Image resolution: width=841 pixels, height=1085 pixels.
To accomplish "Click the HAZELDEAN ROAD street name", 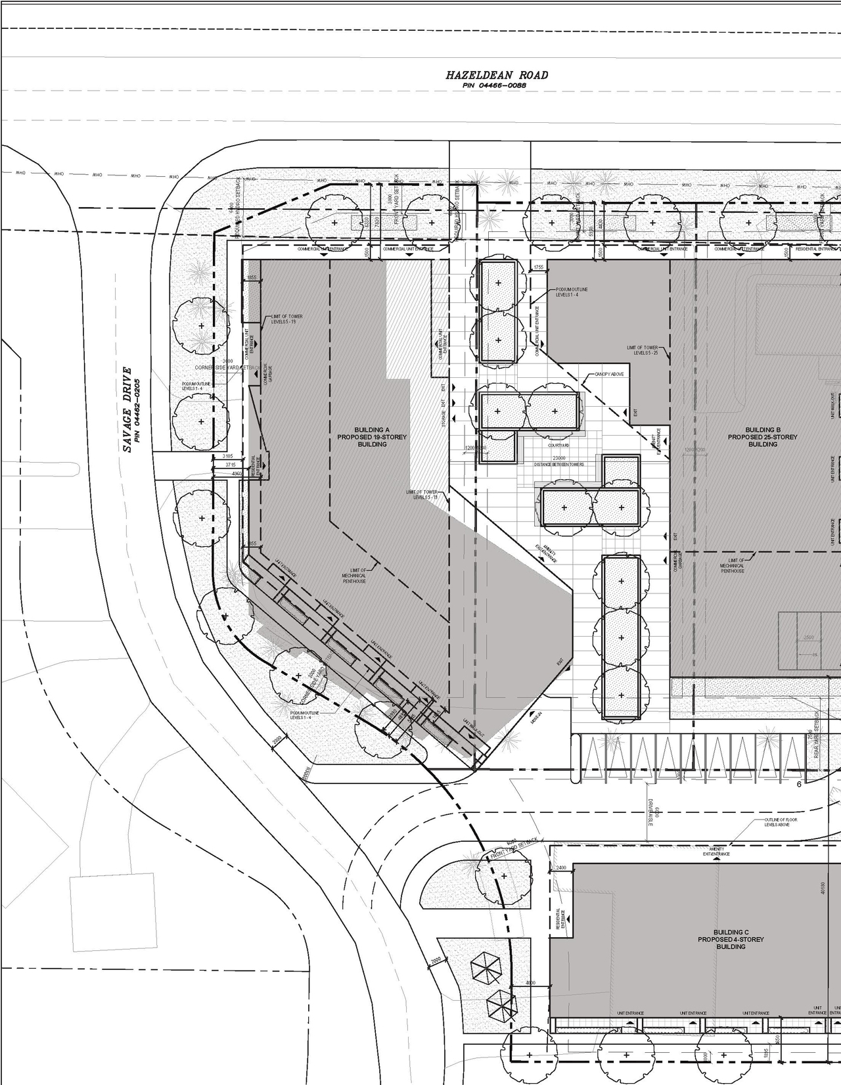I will pos(496,76).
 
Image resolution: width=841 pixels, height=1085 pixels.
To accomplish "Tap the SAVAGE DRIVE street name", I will pos(127,409).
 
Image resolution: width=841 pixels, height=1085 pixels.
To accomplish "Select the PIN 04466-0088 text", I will pos(496,86).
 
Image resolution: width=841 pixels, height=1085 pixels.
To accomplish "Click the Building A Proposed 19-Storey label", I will pos(372,437).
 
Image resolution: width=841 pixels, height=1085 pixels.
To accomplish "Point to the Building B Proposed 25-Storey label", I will pos(762,437).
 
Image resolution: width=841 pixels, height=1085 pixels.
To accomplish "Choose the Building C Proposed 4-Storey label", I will pos(731,939).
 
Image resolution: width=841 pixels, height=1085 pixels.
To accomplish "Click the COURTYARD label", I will pos(558,445).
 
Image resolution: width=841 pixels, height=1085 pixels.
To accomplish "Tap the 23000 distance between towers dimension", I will pos(559,458).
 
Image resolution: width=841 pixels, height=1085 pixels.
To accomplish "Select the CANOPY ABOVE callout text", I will pos(609,374).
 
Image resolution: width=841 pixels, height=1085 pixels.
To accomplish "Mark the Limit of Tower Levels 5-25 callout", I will pos(642,350).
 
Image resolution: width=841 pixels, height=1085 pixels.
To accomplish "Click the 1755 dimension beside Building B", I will pos(538,267).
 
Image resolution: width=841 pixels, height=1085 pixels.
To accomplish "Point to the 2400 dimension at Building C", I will pos(560,868).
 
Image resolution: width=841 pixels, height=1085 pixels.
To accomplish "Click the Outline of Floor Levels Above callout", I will pos(781,822).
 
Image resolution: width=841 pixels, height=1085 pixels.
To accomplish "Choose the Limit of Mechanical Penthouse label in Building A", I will pos(353,576).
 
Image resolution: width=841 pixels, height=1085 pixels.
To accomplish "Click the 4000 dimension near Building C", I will pos(530,983).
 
